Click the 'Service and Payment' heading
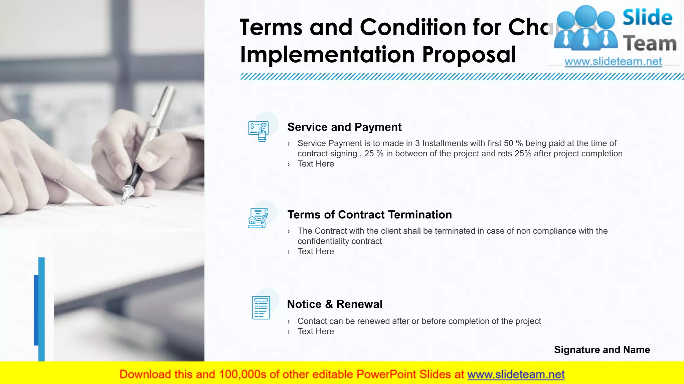[x=344, y=127]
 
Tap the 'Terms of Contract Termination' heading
[x=369, y=215]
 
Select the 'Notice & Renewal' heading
[x=335, y=304]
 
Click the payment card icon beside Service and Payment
[x=259, y=131]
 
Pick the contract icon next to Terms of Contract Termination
[x=258, y=218]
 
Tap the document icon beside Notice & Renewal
[x=261, y=307]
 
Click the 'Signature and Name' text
[x=602, y=350]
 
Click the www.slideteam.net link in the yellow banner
[x=516, y=374]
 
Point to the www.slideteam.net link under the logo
[x=613, y=62]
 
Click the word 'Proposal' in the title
[x=469, y=54]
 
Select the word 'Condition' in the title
[x=413, y=27]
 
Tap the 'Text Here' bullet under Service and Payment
[x=316, y=164]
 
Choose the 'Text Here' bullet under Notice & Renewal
[x=316, y=331]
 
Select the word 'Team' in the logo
[x=650, y=44]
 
